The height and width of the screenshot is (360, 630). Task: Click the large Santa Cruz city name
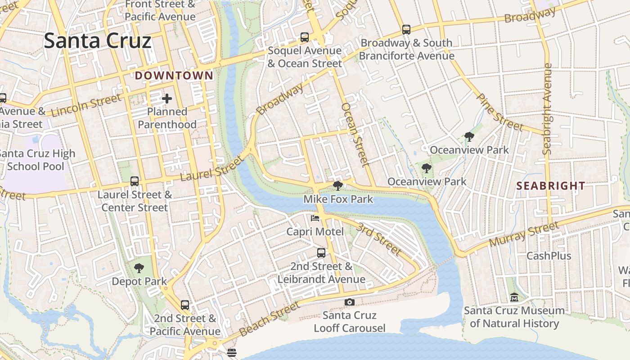click(98, 41)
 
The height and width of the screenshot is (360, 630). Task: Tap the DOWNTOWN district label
click(174, 76)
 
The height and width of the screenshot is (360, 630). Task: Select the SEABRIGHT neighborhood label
click(551, 186)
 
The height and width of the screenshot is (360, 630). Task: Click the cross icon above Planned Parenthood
click(167, 98)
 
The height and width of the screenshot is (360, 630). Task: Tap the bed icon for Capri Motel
click(315, 218)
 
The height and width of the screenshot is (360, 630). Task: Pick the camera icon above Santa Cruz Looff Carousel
click(350, 302)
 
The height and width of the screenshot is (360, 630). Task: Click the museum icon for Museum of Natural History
click(514, 297)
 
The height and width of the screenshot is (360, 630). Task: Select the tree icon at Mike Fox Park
click(338, 186)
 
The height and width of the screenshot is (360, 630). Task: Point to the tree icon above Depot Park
click(139, 269)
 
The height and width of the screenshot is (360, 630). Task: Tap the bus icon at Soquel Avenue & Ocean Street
click(305, 37)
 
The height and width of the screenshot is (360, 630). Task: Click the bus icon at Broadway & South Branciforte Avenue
click(406, 30)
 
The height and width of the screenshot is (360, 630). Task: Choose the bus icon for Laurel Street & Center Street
click(135, 181)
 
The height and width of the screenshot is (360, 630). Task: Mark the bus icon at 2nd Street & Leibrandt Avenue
click(321, 253)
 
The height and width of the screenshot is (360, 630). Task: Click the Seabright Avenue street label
click(548, 109)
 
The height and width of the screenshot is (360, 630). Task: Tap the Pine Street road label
click(499, 112)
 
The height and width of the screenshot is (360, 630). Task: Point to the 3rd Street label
click(378, 238)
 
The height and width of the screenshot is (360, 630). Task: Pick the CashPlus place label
click(549, 256)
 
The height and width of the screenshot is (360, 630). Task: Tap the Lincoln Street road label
click(86, 106)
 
